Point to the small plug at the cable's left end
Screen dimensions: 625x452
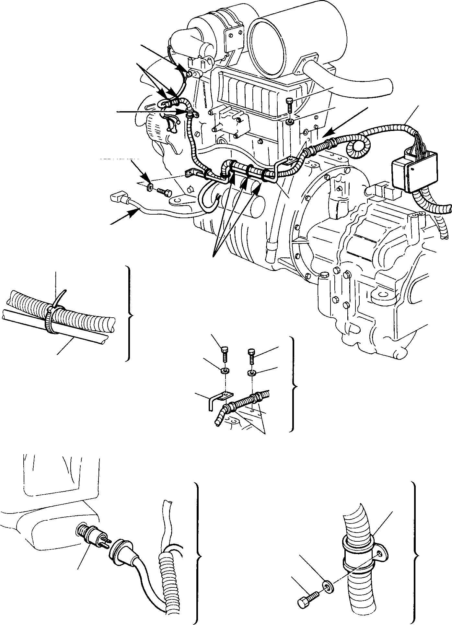[x=118, y=197]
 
